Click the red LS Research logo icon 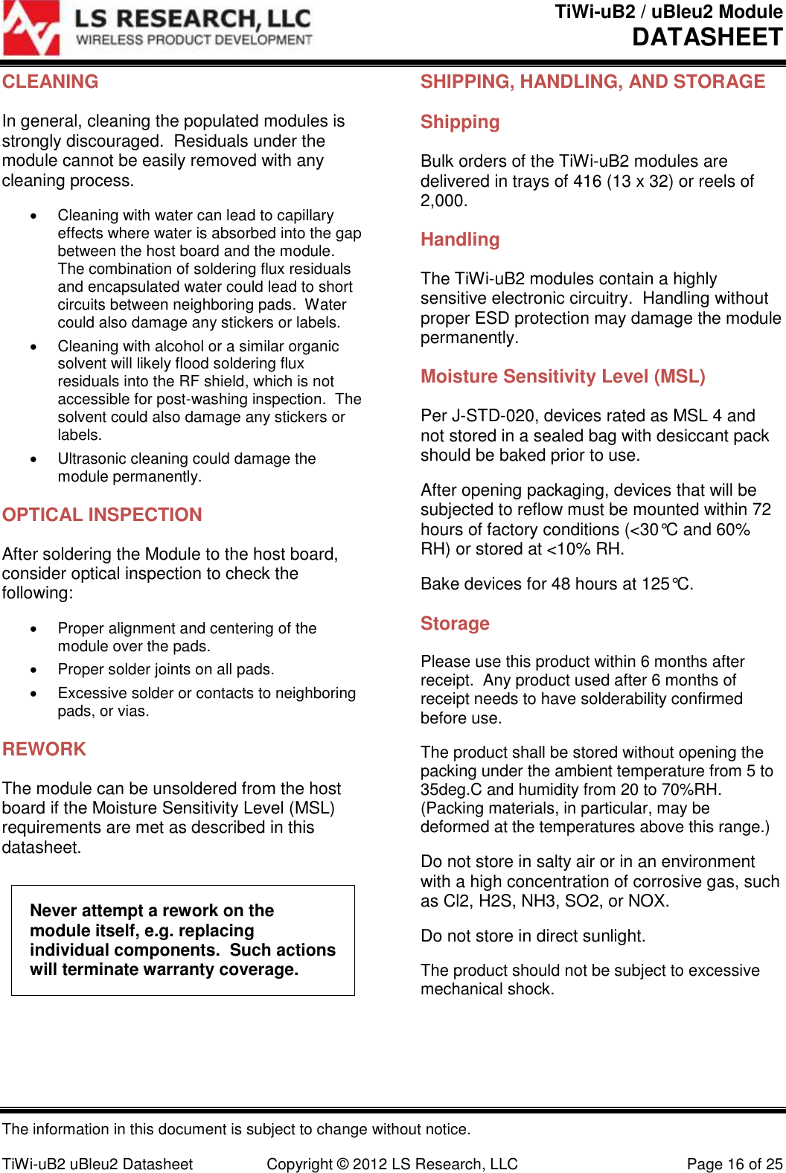click(31, 28)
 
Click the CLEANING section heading click(51, 82)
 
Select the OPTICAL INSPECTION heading click(102, 515)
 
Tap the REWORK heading click(45, 749)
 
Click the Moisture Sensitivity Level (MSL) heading click(563, 377)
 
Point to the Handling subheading click(460, 240)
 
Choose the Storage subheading click(455, 624)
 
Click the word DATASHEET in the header click(707, 37)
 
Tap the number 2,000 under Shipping click(443, 201)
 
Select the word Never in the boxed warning click(54, 911)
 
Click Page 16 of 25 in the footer click(734, 1164)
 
